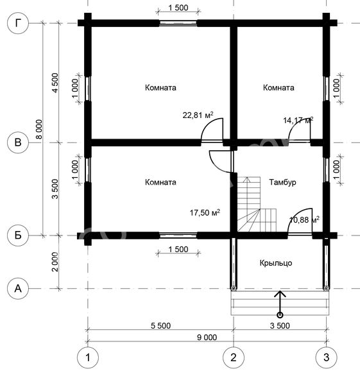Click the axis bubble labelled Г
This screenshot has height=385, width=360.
[18, 23]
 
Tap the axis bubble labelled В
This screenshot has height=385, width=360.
[18, 142]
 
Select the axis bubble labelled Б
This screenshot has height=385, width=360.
[18, 235]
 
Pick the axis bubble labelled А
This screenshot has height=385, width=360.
[18, 288]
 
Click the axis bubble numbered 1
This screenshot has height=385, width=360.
[88, 357]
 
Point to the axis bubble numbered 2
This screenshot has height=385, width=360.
[234, 357]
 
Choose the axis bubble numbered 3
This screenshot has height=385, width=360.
[326, 357]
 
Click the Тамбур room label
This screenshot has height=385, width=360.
[282, 182]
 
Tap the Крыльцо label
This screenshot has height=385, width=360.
[276, 263]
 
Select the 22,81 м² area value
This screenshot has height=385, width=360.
[198, 115]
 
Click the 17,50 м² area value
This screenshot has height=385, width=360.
[205, 212]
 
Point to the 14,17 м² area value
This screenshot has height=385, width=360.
[298, 121]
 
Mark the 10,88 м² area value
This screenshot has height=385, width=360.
[304, 219]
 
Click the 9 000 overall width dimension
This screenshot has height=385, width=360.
[207, 338]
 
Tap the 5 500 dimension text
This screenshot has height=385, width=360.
[160, 326]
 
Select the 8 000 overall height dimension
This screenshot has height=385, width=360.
[39, 129]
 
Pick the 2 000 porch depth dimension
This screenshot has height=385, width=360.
[55, 262]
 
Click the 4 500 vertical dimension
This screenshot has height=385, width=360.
[55, 83]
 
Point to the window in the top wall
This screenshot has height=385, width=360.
[178, 23]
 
